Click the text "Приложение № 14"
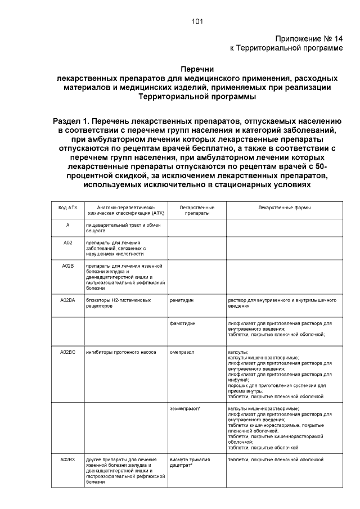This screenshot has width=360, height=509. (x=308, y=39)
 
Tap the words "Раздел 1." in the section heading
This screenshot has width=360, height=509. (x=70, y=121)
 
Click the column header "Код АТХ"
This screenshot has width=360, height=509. (x=67, y=208)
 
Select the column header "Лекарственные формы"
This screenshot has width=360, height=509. (x=284, y=208)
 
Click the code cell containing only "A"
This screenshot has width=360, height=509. (x=67, y=224)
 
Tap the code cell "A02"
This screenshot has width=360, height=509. (x=67, y=242)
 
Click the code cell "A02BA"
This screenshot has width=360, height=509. (x=67, y=300)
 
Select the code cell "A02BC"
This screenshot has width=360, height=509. (x=67, y=352)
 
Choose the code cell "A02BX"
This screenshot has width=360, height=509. (x=67, y=460)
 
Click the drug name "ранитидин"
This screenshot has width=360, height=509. (x=182, y=300)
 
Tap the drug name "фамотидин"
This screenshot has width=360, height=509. (x=182, y=324)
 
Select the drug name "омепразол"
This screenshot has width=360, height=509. (x=182, y=352)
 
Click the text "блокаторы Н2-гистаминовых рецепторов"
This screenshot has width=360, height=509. (x=118, y=303)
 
